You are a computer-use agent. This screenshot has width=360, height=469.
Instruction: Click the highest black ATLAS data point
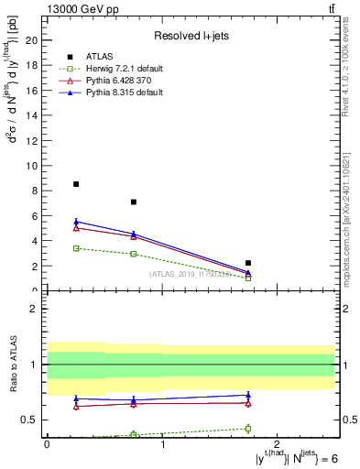coord(76,184)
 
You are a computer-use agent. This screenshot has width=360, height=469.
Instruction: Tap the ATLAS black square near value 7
coord(134,202)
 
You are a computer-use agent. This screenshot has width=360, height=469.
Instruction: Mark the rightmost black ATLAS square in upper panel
coord(248,263)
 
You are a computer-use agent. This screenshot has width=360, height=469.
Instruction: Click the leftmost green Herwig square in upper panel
coord(76,248)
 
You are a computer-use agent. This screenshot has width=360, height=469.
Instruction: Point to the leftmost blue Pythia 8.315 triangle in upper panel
coord(76,222)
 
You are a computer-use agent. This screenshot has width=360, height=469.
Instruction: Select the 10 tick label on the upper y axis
coord(34,166)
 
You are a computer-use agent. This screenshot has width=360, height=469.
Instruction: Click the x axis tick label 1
coord(162,444)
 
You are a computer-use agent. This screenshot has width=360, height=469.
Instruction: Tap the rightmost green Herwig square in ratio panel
coord(248,428)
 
